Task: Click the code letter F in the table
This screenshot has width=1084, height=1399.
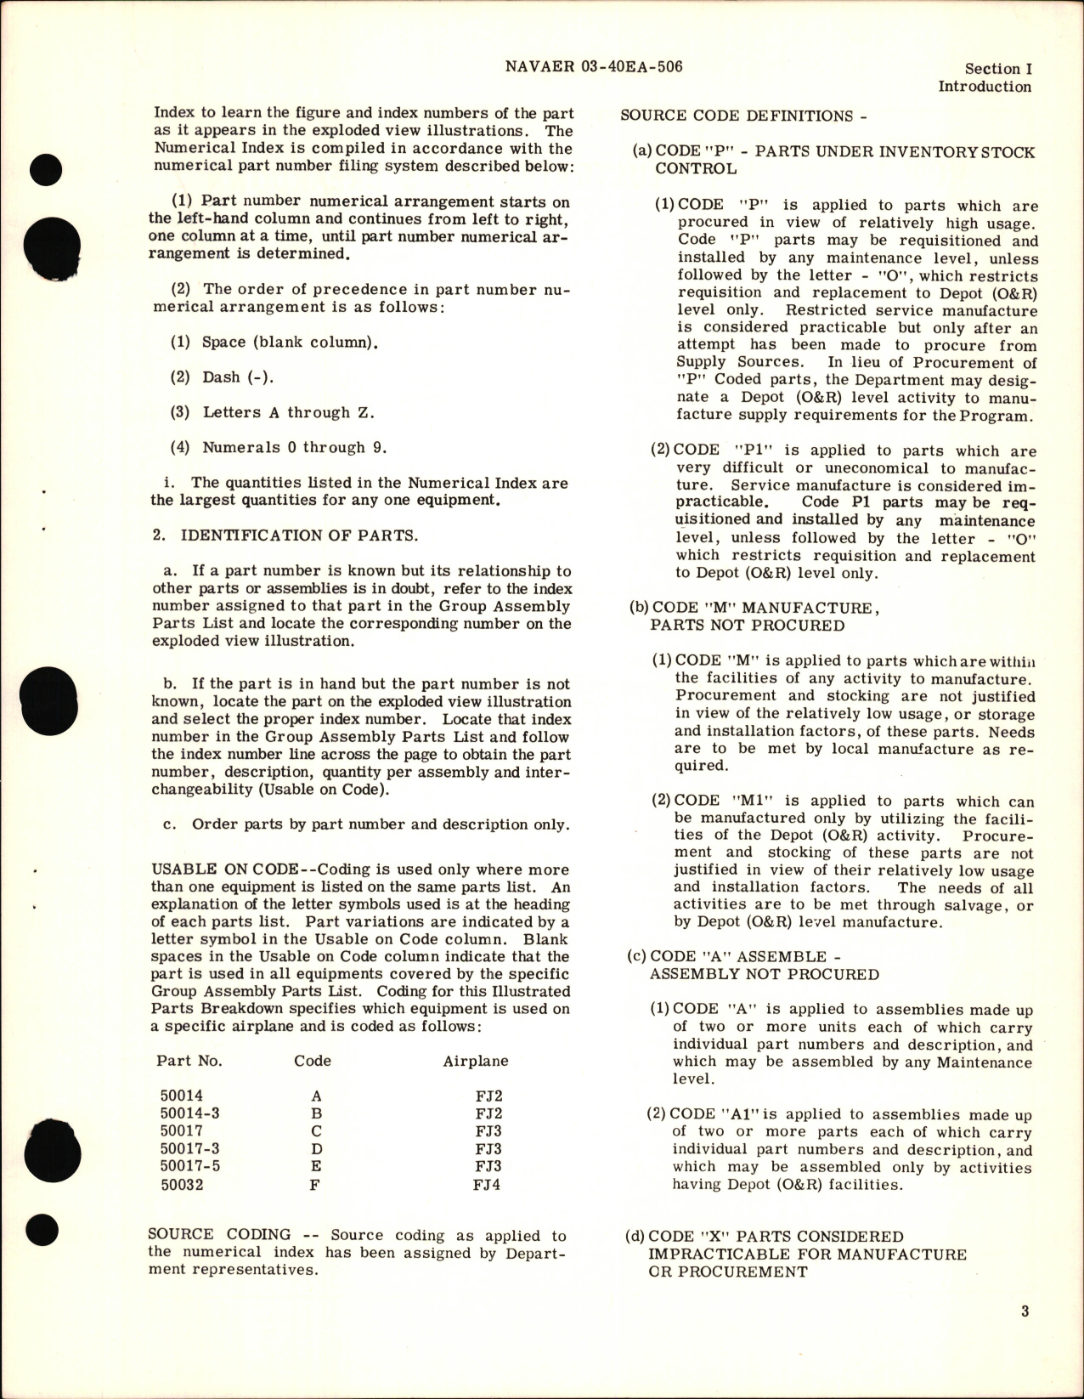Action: pos(314,1184)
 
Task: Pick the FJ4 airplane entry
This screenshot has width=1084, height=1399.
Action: pos(487,1184)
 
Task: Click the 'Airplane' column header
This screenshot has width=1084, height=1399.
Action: pos(476,1061)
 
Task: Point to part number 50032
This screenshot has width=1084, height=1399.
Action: pos(181,1184)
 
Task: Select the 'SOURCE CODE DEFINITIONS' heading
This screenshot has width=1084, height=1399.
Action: pos(737,116)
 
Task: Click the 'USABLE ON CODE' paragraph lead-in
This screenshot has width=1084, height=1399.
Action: pos(224,869)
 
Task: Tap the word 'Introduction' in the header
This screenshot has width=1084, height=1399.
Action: pos(985,87)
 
